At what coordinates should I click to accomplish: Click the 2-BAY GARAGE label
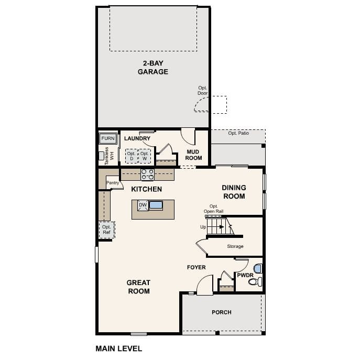click(153, 68)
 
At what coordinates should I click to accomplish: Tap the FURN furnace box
click(108, 138)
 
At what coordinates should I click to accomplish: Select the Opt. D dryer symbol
click(131, 156)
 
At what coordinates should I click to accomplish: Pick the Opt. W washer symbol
click(144, 156)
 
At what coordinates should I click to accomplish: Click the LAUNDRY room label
click(137, 138)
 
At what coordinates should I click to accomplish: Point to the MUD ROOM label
click(193, 155)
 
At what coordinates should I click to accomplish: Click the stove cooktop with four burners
click(147, 174)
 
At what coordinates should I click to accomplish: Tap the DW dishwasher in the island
click(143, 205)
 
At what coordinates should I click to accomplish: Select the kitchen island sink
click(156, 205)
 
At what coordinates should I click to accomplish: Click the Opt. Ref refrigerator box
click(106, 230)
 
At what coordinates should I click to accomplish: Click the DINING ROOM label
click(233, 192)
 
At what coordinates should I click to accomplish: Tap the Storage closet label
click(235, 246)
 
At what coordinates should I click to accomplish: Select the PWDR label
click(245, 274)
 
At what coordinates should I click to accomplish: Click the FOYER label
click(197, 267)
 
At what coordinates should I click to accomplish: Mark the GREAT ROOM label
click(138, 287)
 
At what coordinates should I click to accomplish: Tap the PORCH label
click(221, 312)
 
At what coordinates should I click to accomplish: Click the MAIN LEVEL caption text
click(118, 348)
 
